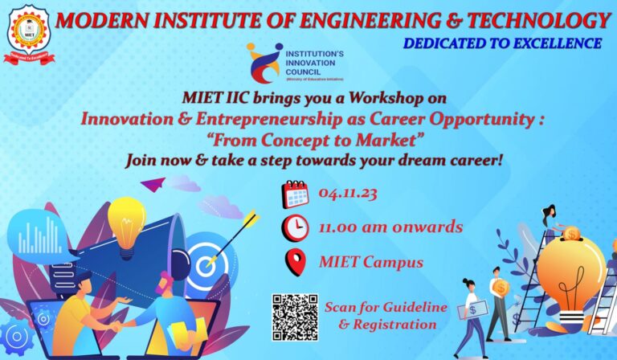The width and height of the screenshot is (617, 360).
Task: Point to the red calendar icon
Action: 295,194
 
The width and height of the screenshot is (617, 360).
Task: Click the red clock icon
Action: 295,228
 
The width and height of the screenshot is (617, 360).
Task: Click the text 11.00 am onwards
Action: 390,227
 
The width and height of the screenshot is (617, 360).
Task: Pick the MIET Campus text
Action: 370,262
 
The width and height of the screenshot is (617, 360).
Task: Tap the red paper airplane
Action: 153,184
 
